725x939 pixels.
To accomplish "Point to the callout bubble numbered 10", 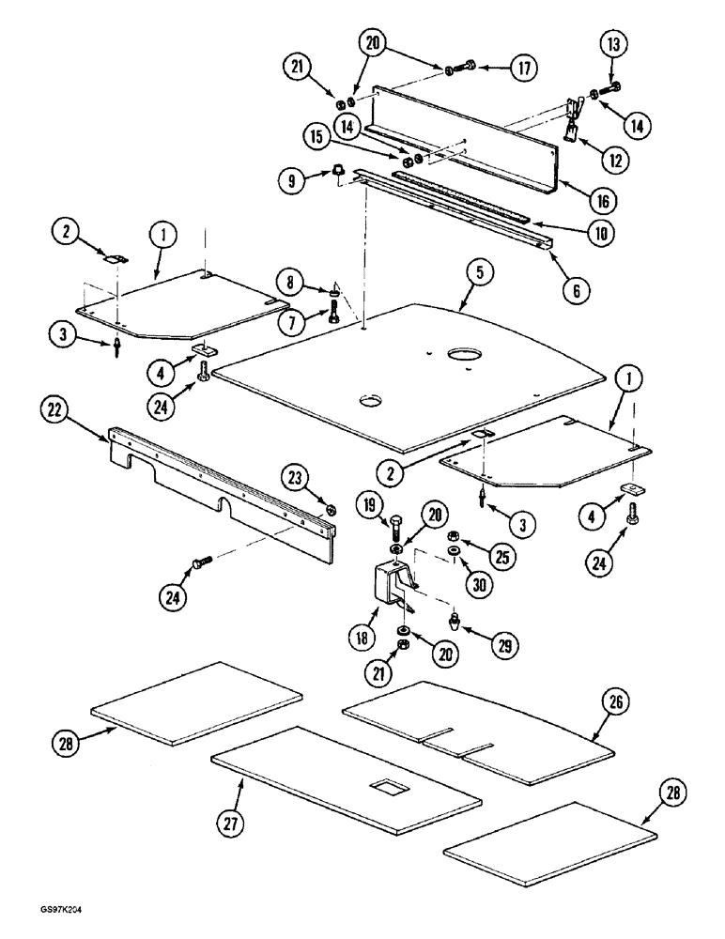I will point(599,232).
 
